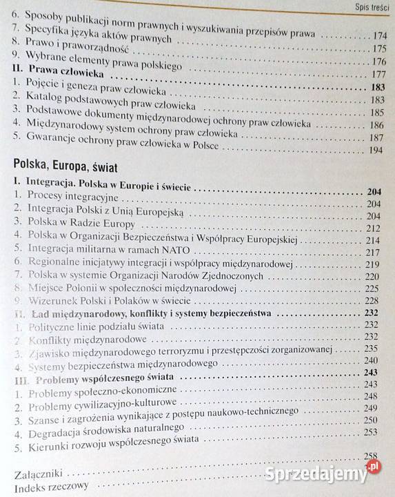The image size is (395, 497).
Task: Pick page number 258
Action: (x=372, y=456)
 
